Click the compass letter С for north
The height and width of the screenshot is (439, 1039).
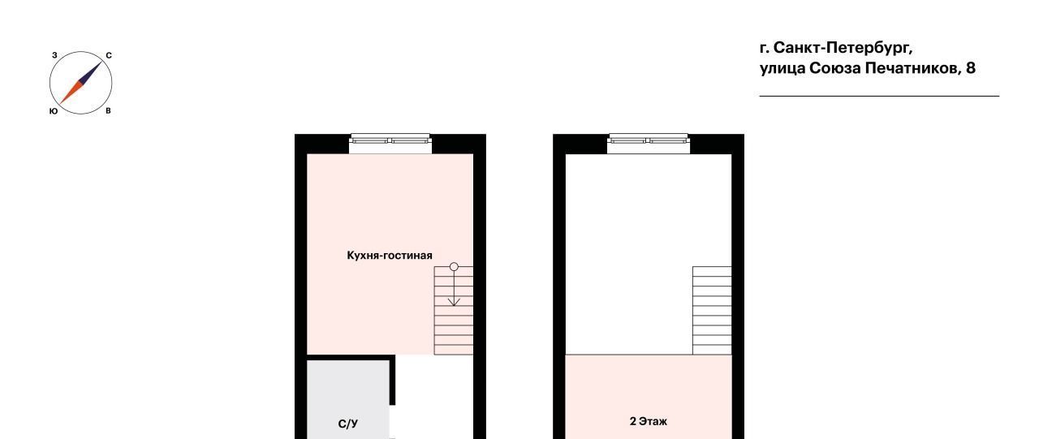(109, 56)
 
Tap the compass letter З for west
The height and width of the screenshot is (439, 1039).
(54, 56)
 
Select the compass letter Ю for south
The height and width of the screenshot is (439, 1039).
(54, 111)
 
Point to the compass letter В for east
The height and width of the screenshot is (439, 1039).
(108, 111)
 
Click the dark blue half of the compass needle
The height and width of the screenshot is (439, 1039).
(91, 72)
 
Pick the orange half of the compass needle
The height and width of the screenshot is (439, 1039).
(71, 93)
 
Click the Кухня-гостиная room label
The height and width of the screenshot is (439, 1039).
(390, 256)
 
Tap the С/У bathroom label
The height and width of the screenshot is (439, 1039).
(348, 424)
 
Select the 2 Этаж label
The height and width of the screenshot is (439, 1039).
(649, 421)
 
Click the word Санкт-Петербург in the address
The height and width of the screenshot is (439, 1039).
(843, 48)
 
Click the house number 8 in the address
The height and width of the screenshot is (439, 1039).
(971, 68)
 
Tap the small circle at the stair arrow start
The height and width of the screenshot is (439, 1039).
(454, 267)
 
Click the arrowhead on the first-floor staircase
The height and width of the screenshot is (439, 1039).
(454, 302)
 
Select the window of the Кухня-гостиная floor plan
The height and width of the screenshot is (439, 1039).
(390, 144)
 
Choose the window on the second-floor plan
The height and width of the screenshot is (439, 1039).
(649, 144)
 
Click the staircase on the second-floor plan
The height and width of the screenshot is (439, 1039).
(712, 311)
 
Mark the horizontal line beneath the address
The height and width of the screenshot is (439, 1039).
(879, 96)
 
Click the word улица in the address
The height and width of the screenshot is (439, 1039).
(782, 69)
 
